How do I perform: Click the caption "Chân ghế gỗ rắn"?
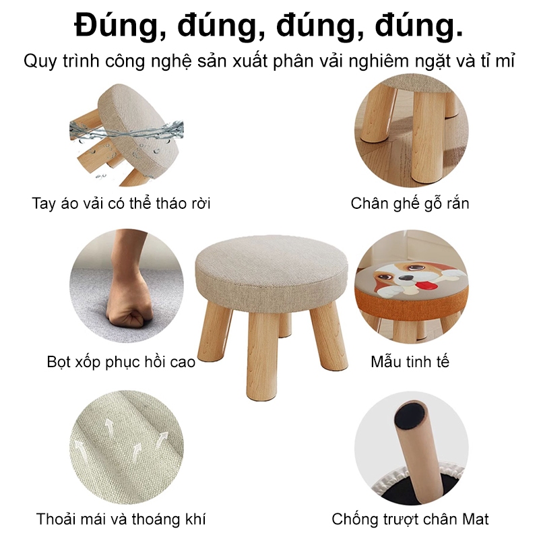click(x=410, y=203)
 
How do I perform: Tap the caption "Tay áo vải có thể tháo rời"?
click(x=121, y=203)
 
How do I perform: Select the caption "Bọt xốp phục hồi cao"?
click(x=121, y=362)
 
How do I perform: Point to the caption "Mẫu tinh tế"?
click(x=410, y=362)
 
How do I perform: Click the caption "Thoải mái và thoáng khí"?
click(x=121, y=519)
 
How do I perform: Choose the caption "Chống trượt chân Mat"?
click(x=410, y=519)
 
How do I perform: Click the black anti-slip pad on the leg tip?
click(x=410, y=412)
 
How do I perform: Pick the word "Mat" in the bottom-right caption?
click(x=475, y=519)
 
